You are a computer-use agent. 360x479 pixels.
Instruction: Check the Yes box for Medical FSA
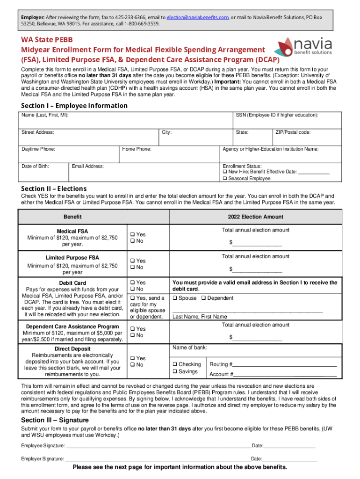[x=132, y=234]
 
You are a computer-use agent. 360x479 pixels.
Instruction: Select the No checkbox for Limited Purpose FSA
[x=132, y=268]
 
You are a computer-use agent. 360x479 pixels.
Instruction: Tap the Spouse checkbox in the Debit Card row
[x=175, y=298]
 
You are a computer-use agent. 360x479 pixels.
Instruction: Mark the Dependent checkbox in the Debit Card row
[x=204, y=298]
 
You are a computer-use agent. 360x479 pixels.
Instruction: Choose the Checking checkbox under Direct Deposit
[x=175, y=364]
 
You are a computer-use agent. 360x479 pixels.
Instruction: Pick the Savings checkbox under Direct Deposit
[x=175, y=372]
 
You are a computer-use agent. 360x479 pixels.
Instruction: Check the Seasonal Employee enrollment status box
[x=225, y=179]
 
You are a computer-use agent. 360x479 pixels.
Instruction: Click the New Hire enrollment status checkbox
[x=225, y=172]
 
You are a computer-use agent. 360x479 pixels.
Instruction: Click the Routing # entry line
[x=285, y=365]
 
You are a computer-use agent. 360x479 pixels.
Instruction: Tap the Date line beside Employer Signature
[x=290, y=459]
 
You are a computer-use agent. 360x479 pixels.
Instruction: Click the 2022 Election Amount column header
[x=255, y=217]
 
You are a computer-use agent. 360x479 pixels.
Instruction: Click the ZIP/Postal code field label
[x=294, y=132]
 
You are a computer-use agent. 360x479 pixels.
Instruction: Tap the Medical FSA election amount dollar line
[x=257, y=243]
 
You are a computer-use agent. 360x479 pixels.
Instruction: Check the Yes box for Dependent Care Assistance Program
[x=132, y=329]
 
